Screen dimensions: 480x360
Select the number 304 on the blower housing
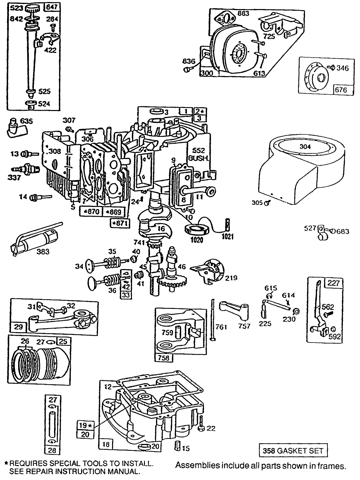(x=305, y=147)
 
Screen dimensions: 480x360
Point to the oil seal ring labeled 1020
(x=197, y=230)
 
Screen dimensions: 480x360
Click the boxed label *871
(x=120, y=223)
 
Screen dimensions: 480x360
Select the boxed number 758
(x=164, y=358)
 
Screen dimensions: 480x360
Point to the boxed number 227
(x=333, y=283)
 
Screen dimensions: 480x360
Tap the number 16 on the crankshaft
(x=161, y=228)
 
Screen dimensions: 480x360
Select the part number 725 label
(x=268, y=36)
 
